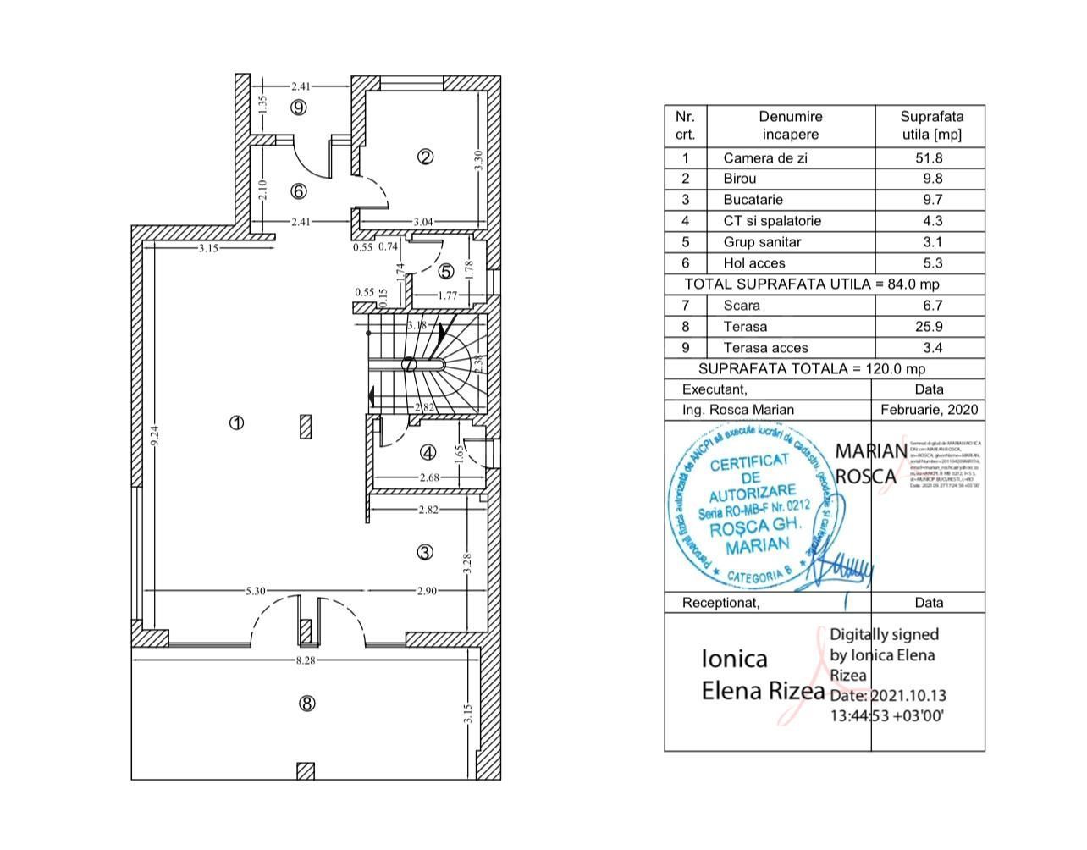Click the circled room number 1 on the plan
tap(237, 422)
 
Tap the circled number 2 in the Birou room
tap(426, 156)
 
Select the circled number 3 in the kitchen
tap(425, 552)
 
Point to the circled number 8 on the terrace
tap(307, 703)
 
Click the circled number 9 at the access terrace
tap(297, 107)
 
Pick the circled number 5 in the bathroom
tap(446, 272)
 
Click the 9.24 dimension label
tap(154, 435)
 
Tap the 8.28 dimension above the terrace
tap(305, 660)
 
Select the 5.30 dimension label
tap(256, 590)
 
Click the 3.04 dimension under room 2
tap(422, 222)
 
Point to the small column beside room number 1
tap(306, 426)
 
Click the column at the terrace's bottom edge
tap(306, 770)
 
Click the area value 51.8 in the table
tap(931, 157)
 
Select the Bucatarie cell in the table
tap(753, 200)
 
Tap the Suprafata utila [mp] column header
tap(931, 125)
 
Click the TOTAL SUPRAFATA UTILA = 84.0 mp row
tap(811, 284)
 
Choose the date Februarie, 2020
tap(929, 410)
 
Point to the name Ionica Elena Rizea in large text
tap(762, 675)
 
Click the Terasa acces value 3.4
tap(931, 348)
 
